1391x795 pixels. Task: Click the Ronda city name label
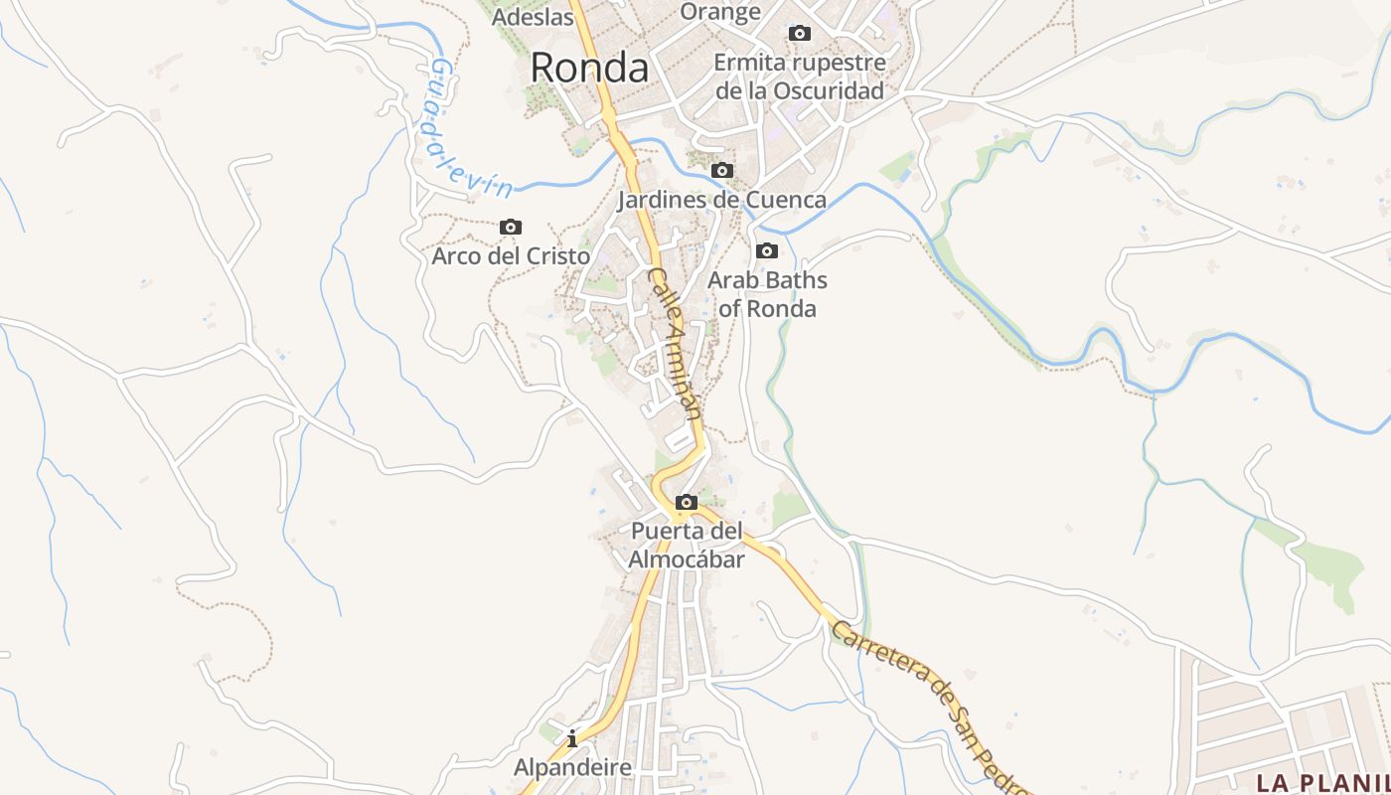tap(589, 68)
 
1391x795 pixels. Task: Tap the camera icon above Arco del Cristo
tap(511, 228)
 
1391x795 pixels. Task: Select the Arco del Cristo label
tap(511, 255)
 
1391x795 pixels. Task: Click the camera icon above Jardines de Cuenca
tap(722, 171)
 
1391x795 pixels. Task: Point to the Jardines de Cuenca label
tap(721, 200)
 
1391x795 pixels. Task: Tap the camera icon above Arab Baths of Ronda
tap(767, 251)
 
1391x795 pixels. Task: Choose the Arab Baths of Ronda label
tap(767, 294)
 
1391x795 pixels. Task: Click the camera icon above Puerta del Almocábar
tap(686, 503)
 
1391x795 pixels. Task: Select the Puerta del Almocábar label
tap(687, 546)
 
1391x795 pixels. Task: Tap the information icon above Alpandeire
tap(572, 738)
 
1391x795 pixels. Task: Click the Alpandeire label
tap(572, 767)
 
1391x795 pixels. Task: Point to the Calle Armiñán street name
tap(676, 344)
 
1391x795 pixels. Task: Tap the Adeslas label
tap(533, 16)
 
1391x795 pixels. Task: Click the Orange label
tap(720, 12)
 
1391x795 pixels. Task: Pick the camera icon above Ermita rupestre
tap(799, 34)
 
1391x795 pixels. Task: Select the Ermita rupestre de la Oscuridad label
tap(800, 77)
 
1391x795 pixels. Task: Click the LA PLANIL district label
tap(1322, 782)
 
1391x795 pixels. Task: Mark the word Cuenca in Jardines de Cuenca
tap(786, 200)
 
